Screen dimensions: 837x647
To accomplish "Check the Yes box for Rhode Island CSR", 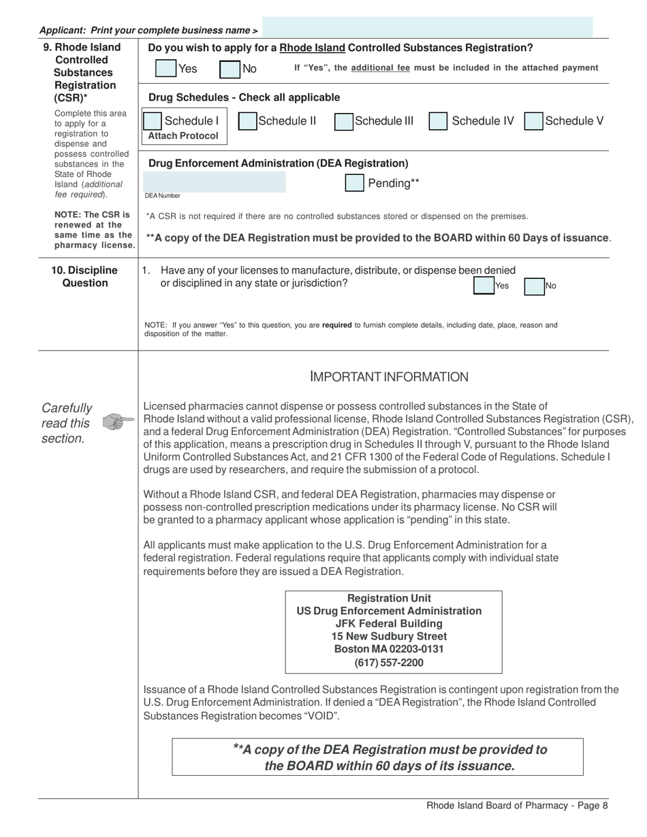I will (x=166, y=69).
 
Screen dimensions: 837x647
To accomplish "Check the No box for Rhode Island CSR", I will (x=230, y=69).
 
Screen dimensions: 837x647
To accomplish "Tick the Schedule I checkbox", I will (x=153, y=121).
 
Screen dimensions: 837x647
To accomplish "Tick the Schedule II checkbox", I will (x=247, y=121).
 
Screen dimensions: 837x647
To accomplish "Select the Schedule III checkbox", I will (x=344, y=121).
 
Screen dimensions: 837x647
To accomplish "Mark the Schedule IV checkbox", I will (x=438, y=121).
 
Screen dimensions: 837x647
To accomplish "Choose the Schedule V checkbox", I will (x=533, y=121).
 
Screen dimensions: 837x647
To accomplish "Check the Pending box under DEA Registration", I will (x=354, y=183).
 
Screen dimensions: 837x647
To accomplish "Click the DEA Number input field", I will (x=214, y=182).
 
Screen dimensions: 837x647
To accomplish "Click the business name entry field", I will (x=427, y=28).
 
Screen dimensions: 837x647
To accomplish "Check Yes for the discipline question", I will (x=484, y=286).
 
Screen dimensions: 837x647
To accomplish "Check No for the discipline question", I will (x=534, y=286).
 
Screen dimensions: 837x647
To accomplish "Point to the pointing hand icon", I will (x=118, y=423).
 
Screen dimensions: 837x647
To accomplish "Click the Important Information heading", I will (x=389, y=377).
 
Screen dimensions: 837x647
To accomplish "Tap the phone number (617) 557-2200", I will (x=389, y=663).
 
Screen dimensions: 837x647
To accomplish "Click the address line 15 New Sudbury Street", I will (x=389, y=637).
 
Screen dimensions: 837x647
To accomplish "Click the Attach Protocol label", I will (x=183, y=136).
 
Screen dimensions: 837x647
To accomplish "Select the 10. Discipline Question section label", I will (x=85, y=277).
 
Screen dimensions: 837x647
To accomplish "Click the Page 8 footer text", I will (x=517, y=806).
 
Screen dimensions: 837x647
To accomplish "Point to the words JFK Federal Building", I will (x=389, y=624).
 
